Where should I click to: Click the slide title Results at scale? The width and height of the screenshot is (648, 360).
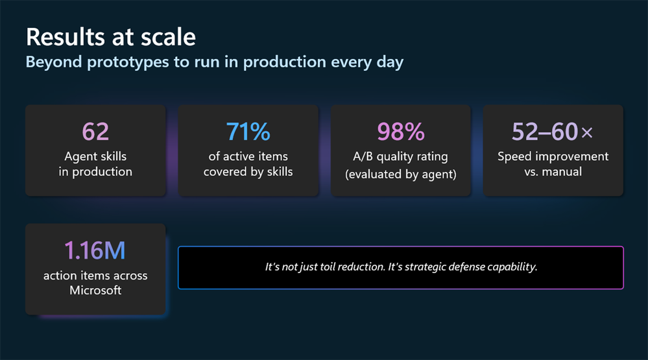click(x=110, y=36)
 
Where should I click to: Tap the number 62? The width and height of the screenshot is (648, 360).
click(x=95, y=132)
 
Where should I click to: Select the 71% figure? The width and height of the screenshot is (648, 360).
click(x=248, y=132)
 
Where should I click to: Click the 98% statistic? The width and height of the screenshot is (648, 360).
click(x=401, y=132)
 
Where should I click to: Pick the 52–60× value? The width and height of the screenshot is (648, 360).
click(x=552, y=132)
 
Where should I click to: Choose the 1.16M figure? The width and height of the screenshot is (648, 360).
click(x=95, y=251)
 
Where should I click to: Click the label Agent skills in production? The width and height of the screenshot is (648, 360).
click(x=95, y=164)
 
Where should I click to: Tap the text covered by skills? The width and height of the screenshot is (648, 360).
click(x=248, y=172)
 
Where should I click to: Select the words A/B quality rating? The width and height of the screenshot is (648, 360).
click(x=401, y=156)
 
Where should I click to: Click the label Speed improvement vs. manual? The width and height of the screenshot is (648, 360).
click(x=553, y=164)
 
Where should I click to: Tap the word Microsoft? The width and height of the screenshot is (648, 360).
click(x=95, y=290)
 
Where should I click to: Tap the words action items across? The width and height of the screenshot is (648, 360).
click(x=95, y=275)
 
